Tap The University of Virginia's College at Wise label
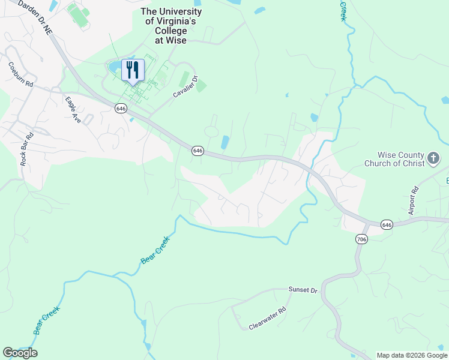click(x=171, y=26)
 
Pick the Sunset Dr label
click(x=302, y=290)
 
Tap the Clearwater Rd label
click(x=268, y=319)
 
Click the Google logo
click(x=20, y=353)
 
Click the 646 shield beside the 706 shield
click(x=387, y=224)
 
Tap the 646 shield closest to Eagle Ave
click(x=121, y=108)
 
